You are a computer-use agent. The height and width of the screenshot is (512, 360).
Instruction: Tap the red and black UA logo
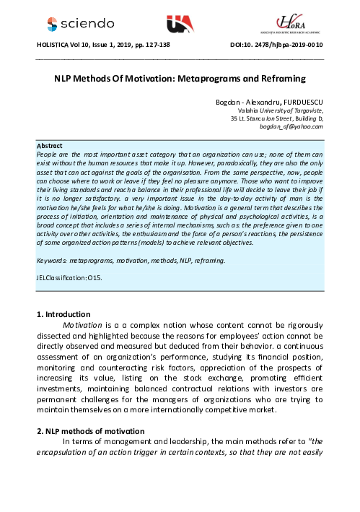[x=180, y=23]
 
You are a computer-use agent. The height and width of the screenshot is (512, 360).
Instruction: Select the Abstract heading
[x=50, y=145]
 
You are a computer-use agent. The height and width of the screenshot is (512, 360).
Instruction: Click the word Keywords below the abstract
[x=55, y=238]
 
